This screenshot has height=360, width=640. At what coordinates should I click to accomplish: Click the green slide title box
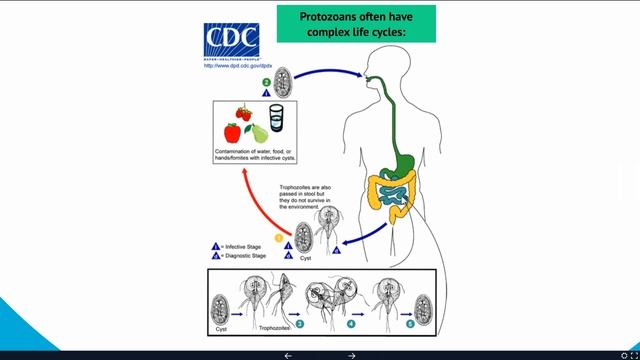coord(356,24)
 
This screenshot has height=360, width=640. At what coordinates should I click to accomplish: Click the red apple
coord(232,132)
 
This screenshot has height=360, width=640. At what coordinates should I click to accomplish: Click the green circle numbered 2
coord(266,81)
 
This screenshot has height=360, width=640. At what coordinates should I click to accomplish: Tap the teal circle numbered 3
coord(299,325)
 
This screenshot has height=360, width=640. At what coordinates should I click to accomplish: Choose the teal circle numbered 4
coord(351,325)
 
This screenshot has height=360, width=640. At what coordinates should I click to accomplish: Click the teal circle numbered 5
coord(409,325)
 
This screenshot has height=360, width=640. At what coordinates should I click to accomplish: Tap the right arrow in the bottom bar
coord(352,355)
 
